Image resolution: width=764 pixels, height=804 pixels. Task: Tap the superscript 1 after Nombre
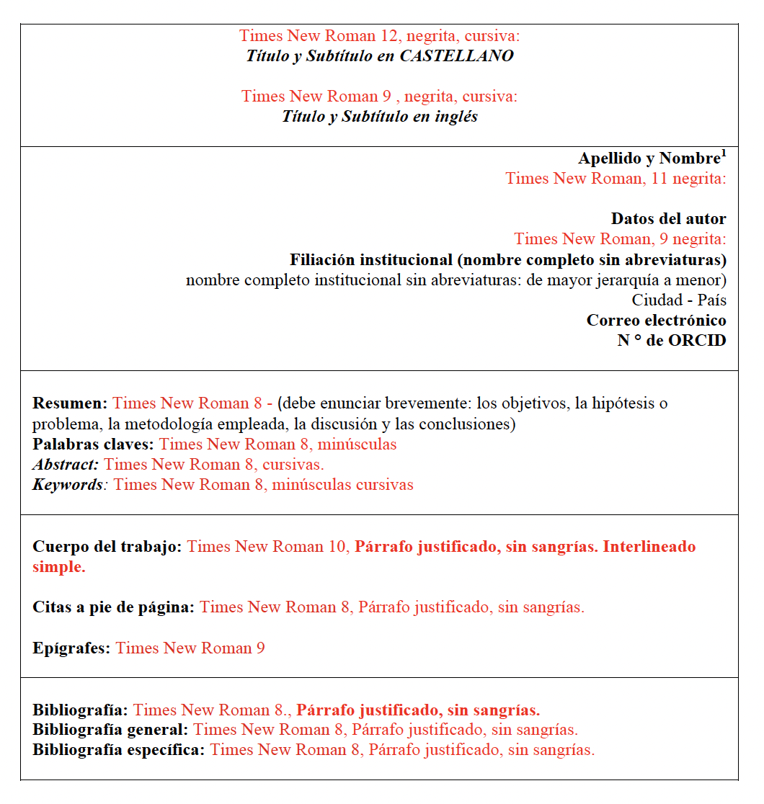724,153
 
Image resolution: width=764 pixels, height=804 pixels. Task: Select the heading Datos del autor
668,219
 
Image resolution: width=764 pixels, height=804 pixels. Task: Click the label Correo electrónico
656,320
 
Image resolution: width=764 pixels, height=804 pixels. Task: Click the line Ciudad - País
679,300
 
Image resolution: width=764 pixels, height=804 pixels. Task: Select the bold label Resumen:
70,403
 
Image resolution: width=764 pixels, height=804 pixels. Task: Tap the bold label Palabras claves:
94,445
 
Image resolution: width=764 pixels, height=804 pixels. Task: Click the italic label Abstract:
66,465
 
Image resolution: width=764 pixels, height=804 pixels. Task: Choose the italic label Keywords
67,485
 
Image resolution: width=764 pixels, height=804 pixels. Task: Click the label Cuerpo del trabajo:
107,547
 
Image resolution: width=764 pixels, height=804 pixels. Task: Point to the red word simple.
58,567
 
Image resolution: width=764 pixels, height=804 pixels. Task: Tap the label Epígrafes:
71,648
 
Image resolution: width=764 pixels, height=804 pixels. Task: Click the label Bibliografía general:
110,730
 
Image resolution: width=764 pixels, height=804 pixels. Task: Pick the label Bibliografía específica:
119,750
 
